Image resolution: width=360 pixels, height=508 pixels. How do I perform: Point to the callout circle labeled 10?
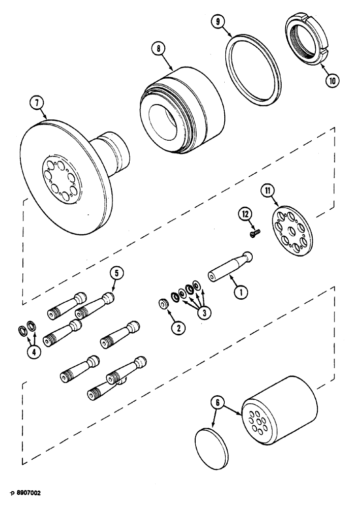pyautogui.click(x=332, y=80)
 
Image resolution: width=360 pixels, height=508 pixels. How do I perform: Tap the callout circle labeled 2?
pyautogui.click(x=177, y=328)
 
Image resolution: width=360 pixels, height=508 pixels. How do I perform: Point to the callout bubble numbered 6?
pyautogui.click(x=217, y=403)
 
